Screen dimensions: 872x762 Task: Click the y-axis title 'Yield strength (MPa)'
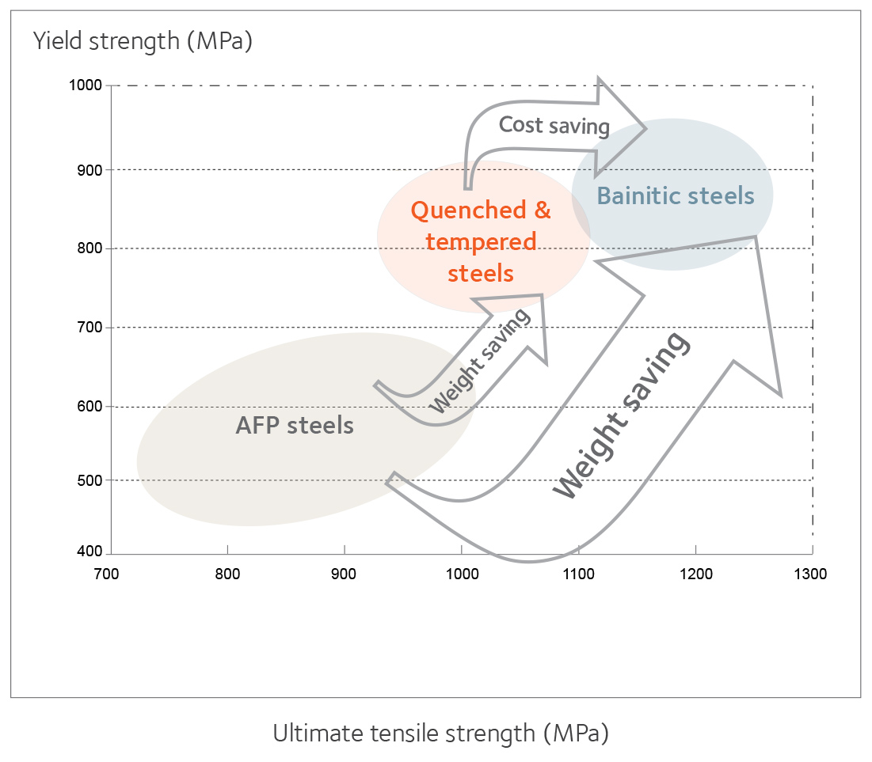tap(143, 42)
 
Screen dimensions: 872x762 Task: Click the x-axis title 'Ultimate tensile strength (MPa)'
tap(441, 734)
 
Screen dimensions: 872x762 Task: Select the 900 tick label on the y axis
tap(90, 170)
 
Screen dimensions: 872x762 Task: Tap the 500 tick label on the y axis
tap(90, 480)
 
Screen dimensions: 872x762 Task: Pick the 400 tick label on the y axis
tap(90, 552)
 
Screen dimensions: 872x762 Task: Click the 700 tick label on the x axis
tap(107, 574)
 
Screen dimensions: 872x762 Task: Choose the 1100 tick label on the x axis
tap(578, 574)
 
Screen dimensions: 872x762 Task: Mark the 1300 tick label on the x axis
tap(810, 574)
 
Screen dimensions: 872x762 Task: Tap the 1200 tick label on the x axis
tap(695, 574)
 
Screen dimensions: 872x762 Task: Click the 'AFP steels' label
tap(295, 426)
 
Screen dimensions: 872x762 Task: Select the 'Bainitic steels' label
tap(676, 196)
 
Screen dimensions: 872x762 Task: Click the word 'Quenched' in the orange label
tap(469, 211)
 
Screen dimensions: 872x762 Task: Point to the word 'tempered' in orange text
tap(481, 243)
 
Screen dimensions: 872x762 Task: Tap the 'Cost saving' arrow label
tap(554, 126)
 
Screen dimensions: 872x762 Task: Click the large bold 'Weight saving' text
tap(621, 415)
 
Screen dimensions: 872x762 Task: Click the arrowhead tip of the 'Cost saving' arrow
tap(645, 128)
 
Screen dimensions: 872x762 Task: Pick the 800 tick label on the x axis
tap(227, 574)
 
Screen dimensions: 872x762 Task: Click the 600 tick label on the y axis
tap(90, 406)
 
